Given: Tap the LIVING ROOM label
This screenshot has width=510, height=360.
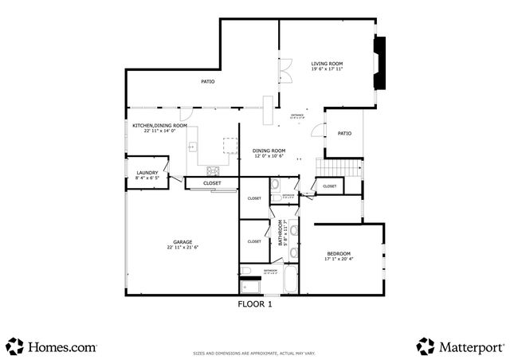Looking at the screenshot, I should click(327, 64).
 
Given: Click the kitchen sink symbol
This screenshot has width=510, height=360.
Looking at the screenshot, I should click(192, 147).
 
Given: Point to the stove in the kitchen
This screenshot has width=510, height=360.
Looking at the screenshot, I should click(214, 170).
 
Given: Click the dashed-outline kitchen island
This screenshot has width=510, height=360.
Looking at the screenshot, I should click(230, 146).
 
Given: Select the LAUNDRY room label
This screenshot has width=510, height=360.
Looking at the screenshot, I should click(147, 173).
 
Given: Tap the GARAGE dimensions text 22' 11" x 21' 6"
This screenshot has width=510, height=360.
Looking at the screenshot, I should click(182, 248).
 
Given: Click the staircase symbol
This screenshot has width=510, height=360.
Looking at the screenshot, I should click(339, 168).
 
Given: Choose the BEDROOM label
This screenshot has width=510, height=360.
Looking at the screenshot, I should click(339, 253).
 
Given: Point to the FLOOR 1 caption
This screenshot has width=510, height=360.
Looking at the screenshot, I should click(255, 303).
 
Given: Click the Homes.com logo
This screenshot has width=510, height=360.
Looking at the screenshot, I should click(51, 346).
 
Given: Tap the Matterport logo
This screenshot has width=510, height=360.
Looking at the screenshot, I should click(460, 346).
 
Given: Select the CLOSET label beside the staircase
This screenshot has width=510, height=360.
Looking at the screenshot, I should click(329, 186).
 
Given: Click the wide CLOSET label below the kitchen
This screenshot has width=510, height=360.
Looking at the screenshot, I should click(212, 183).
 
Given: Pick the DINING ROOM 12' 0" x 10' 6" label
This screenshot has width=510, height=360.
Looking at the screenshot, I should click(269, 153).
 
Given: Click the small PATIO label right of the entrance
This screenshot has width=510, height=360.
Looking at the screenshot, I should click(344, 133).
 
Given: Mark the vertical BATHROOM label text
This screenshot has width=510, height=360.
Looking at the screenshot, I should click(280, 235).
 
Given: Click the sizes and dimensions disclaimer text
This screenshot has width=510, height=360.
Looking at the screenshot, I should click(255, 352).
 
